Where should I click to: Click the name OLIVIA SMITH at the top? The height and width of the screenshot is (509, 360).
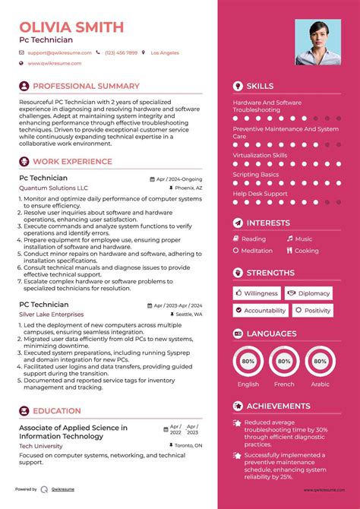[72, 27]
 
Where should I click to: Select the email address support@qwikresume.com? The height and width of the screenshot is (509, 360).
[59, 52]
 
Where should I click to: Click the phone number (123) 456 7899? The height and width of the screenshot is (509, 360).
[121, 52]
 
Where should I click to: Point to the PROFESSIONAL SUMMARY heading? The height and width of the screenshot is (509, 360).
[86, 86]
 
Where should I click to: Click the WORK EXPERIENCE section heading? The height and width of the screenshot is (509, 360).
[74, 162]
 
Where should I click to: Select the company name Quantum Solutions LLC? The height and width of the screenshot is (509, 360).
[53, 188]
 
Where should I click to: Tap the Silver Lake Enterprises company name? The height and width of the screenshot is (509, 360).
[52, 314]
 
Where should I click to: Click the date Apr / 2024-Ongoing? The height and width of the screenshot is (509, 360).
[179, 179]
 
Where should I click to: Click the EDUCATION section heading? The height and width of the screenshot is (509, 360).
[57, 411]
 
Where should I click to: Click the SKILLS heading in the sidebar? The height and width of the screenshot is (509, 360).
[260, 86]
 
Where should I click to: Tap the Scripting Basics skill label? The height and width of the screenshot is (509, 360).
[255, 175]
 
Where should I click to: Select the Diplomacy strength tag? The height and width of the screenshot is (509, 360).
[314, 292]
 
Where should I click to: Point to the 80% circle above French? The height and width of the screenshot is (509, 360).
[284, 362]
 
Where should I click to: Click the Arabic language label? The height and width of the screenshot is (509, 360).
[321, 384]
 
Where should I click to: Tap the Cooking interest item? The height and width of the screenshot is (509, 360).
[306, 250]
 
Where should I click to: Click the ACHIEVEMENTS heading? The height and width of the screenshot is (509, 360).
[278, 406]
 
